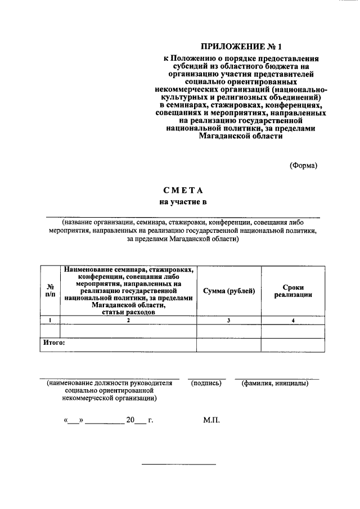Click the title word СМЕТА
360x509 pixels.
pyautogui.click(x=183, y=191)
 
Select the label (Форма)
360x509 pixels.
pyautogui.click(x=304, y=165)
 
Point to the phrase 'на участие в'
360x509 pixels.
pyautogui.click(x=183, y=202)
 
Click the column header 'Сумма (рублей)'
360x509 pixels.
pyautogui.click(x=229, y=290)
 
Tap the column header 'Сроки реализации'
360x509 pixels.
pyautogui.click(x=292, y=290)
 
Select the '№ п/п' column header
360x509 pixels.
pyautogui.click(x=50, y=290)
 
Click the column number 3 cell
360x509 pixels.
pyautogui.click(x=229, y=320)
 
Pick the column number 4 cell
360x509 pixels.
pyautogui.click(x=292, y=320)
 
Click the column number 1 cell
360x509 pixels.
pyautogui.click(x=50, y=320)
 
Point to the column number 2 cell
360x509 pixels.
pyautogui.click(x=128, y=320)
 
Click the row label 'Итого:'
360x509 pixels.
pyautogui.click(x=55, y=341)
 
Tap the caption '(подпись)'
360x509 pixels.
pyautogui.click(x=206, y=384)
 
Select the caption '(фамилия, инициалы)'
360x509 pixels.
pyautogui.click(x=275, y=384)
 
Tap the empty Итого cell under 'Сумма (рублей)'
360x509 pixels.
pyautogui.click(x=229, y=344)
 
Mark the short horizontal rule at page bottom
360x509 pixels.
pyautogui.click(x=178, y=464)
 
